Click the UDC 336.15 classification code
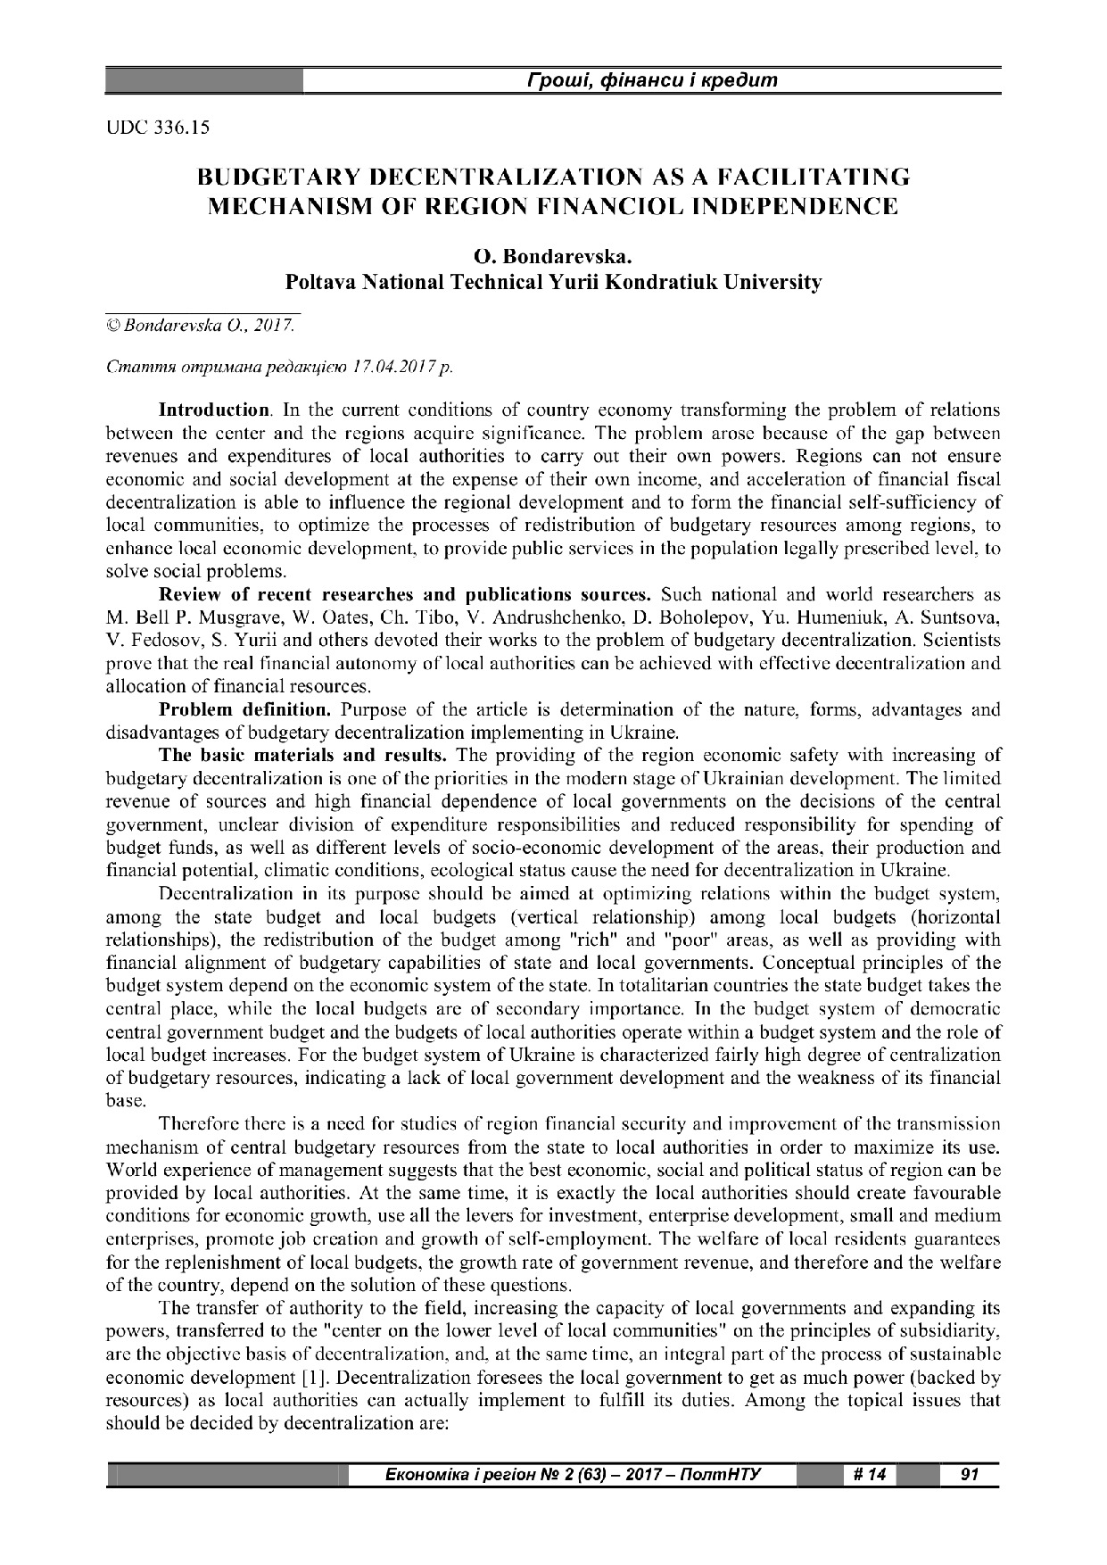click(x=157, y=128)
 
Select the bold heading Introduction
click(x=214, y=410)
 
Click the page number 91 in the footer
click(x=970, y=1475)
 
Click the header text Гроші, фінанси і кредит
click(x=652, y=80)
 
